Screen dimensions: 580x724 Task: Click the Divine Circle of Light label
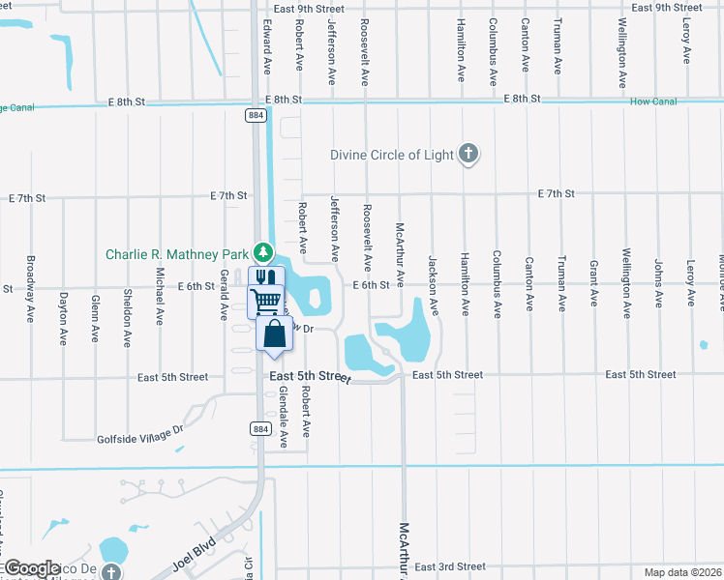(392, 155)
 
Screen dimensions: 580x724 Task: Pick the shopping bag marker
(275, 333)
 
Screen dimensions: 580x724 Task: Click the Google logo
(31, 568)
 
